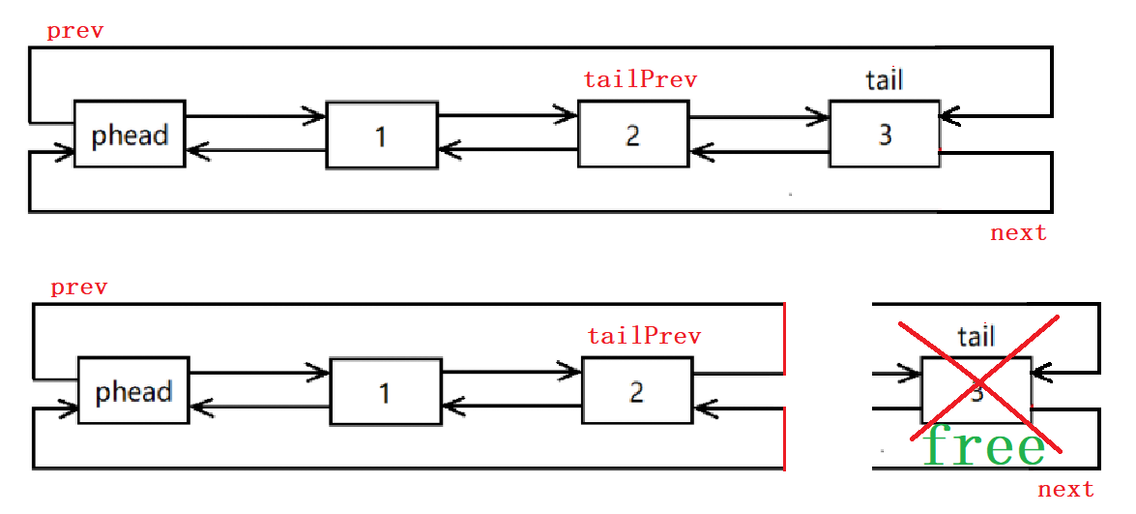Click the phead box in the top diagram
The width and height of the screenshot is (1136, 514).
(130, 134)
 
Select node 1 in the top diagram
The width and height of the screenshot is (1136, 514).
(381, 134)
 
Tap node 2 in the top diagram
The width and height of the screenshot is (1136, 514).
(633, 134)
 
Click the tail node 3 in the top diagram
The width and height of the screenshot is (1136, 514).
(884, 134)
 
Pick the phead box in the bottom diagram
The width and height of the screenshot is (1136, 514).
(133, 390)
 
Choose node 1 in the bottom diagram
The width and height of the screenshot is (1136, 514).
(385, 391)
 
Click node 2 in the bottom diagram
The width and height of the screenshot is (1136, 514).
(636, 390)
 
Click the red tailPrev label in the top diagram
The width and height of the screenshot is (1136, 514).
(640, 79)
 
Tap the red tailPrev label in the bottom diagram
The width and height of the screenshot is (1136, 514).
(644, 336)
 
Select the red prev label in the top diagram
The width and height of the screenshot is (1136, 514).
(75, 31)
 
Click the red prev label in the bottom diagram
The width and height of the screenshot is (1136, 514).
(79, 287)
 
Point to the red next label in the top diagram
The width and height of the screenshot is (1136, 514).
(1018, 232)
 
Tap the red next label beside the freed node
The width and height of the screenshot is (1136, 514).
(1065, 490)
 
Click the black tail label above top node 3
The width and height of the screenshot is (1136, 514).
(885, 79)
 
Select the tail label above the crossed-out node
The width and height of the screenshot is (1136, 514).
(976, 336)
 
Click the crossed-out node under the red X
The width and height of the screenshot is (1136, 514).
(976, 390)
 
